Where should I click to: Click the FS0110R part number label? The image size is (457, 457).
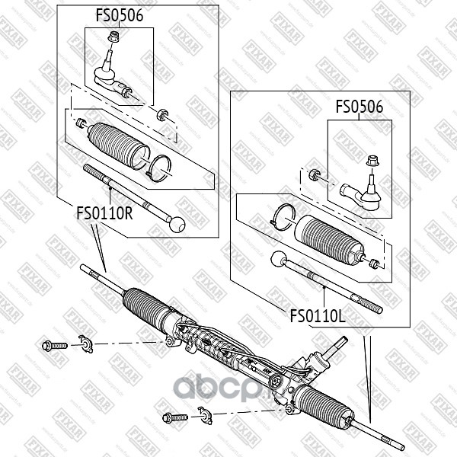point(104,214)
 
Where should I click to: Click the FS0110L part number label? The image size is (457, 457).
point(318,313)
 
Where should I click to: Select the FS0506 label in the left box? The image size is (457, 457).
point(119,14)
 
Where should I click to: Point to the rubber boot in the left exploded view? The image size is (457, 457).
point(119,142)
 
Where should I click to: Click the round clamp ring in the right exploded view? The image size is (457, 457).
point(283,216)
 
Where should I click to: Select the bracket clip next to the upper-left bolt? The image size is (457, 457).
point(85,345)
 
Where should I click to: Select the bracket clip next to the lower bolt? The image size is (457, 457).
point(204,415)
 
